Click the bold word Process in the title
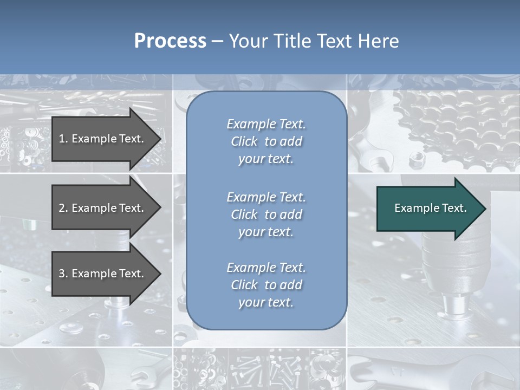pyautogui.click(x=170, y=41)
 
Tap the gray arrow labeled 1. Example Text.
pyautogui.click(x=103, y=139)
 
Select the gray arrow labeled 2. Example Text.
pyautogui.click(x=103, y=208)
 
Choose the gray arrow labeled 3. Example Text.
pyautogui.click(x=103, y=274)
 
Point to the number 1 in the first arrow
pyautogui.click(x=62, y=139)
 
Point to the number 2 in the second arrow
pyautogui.click(x=62, y=208)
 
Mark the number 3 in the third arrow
pyautogui.click(x=62, y=274)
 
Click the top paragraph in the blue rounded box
pyautogui.click(x=266, y=141)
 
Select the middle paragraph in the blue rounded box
pyautogui.click(x=266, y=214)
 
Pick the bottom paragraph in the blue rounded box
pyautogui.click(x=266, y=285)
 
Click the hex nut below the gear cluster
pyautogui.click(x=417, y=159)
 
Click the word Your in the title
pyautogui.click(x=246, y=41)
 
